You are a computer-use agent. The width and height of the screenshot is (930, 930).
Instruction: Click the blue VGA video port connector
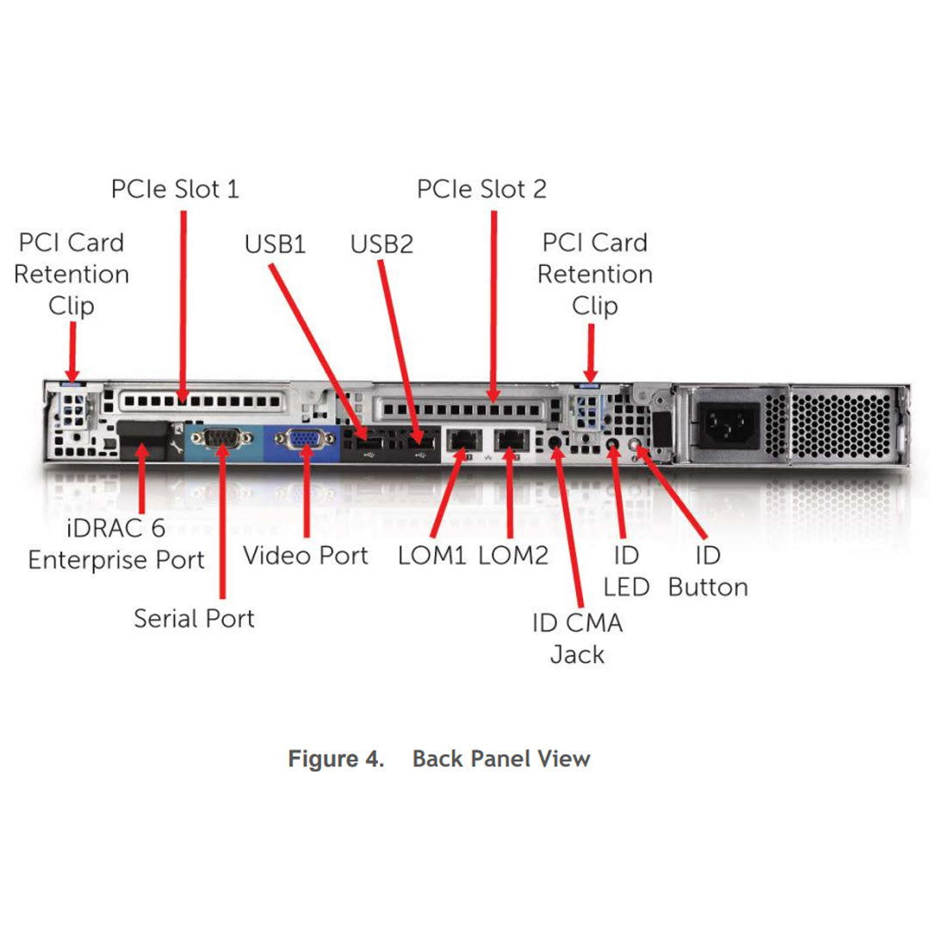point(300,440)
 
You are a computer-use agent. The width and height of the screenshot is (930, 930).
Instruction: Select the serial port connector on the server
point(222,439)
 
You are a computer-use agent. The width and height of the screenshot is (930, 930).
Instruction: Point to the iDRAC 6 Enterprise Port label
point(116,544)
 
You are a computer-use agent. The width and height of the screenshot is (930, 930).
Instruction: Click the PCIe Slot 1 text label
point(175,189)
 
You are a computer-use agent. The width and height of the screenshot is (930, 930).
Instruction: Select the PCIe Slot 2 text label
point(481,189)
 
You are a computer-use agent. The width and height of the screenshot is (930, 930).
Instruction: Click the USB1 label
point(275,245)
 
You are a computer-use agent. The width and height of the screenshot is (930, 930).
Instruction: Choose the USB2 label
point(381,245)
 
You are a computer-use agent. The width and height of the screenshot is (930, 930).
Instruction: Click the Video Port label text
point(305,555)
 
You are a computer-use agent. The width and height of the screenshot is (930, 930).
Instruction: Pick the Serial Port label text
point(194,618)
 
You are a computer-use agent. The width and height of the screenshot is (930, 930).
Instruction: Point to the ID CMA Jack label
point(577,638)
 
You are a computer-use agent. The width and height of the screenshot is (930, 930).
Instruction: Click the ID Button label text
point(708,572)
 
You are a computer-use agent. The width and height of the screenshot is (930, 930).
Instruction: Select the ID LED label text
point(626,572)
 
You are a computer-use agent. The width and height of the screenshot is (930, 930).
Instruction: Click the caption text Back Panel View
point(501,759)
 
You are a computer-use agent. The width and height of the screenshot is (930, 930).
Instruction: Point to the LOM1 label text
point(431,555)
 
